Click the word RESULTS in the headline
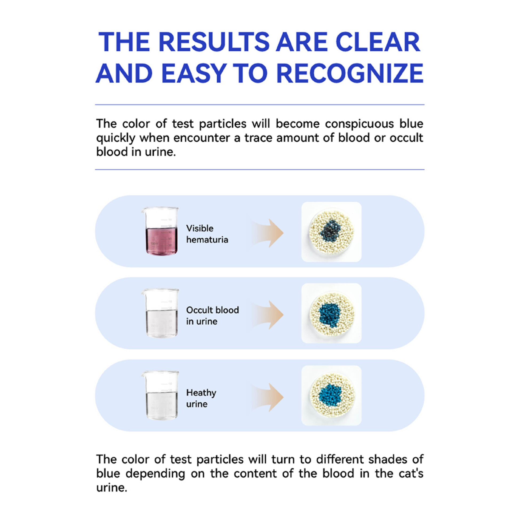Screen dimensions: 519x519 214,42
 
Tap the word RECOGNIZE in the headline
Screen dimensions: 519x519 350,73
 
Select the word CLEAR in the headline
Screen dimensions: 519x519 378,42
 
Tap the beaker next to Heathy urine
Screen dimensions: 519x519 160,396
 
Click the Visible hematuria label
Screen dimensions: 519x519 207,234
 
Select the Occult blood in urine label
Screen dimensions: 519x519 213,316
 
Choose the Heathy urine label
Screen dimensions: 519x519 201,398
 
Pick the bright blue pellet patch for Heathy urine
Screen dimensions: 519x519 330,396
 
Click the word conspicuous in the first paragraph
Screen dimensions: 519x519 360,124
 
